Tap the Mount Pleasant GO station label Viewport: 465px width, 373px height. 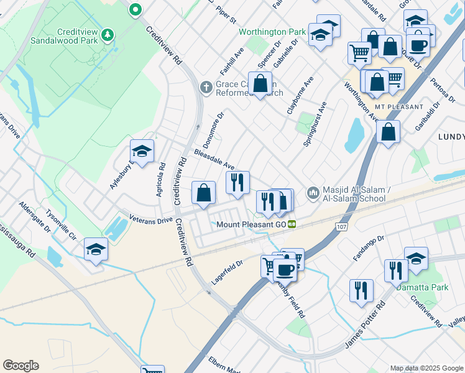point(250,224)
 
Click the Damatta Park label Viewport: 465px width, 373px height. point(430,288)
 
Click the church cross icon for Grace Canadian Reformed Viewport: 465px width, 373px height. point(206,87)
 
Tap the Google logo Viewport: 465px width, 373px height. point(21,366)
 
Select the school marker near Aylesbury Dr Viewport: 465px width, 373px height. point(142,151)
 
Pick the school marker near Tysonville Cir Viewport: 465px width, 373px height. point(96,249)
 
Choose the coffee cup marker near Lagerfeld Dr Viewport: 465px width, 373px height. point(285,269)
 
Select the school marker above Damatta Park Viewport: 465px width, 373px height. point(416,258)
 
